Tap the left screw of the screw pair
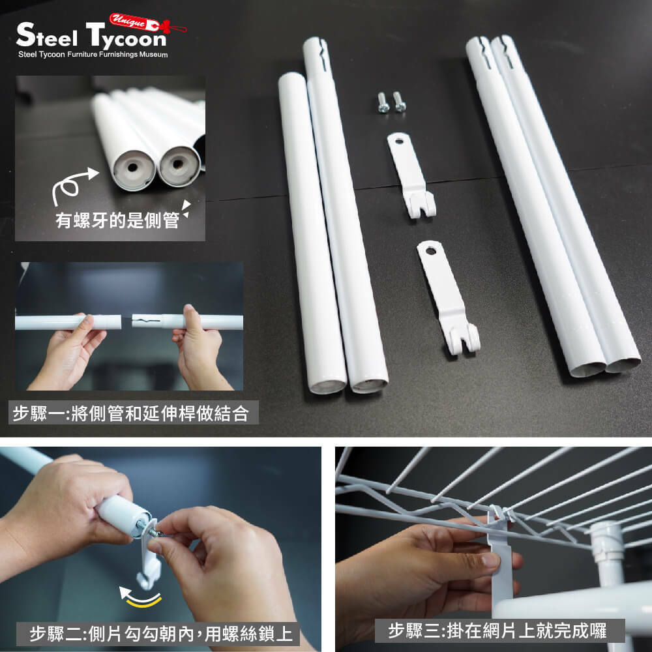pos(383,102)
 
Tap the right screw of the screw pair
pos(399,102)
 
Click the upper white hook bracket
pos(411,175)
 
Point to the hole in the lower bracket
pos(430,251)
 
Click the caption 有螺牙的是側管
pos(117,220)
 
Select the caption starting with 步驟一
pos(131,413)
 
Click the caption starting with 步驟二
pos(161,634)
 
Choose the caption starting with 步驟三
pos(497,630)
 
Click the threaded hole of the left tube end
pos(132,168)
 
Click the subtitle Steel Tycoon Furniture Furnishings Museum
pos(93,55)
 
